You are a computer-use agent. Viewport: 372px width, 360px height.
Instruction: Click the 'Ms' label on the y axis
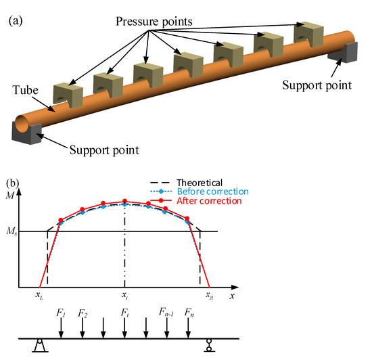coord(12,232)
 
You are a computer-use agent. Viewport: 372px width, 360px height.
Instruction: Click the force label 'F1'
coord(62,314)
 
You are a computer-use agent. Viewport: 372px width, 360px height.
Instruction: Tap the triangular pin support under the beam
coord(39,348)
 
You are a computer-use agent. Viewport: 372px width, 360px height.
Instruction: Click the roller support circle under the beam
coord(210,347)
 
